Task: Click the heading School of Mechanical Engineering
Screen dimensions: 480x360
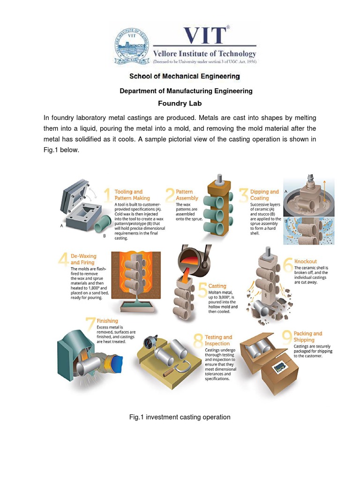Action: click(185, 76)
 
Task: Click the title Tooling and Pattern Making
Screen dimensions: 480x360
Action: click(132, 195)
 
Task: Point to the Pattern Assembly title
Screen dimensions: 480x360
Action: click(187, 195)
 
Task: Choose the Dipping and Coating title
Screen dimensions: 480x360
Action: click(264, 195)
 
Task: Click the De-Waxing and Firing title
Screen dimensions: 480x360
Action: click(83, 259)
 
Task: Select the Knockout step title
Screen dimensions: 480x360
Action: click(305, 261)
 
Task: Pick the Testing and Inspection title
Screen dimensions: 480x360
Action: click(218, 340)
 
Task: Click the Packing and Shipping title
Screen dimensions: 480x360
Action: click(308, 337)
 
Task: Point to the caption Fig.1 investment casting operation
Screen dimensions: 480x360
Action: click(180, 417)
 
